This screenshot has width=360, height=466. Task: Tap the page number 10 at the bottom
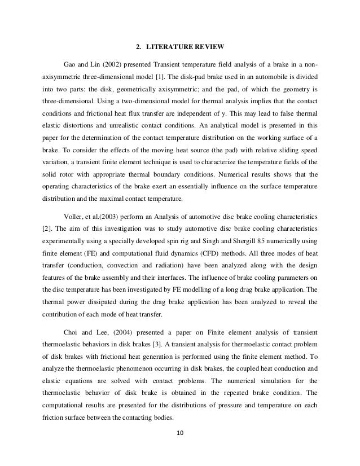pyautogui.click(x=180, y=450)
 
